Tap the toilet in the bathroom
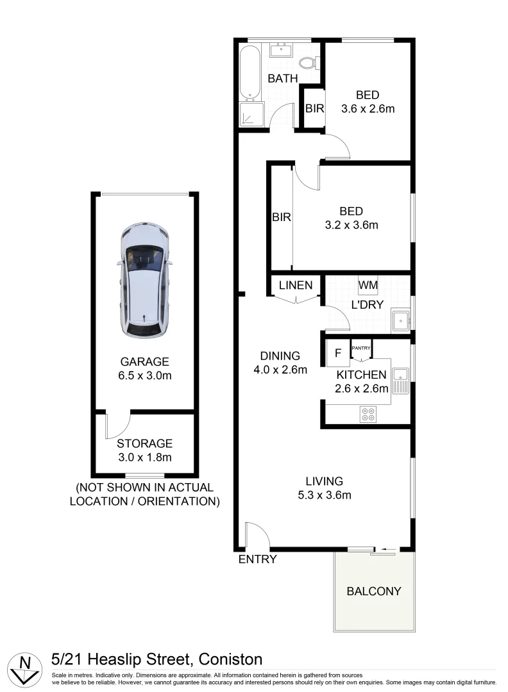click(x=309, y=63)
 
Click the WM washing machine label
click(x=368, y=284)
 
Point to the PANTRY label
click(x=361, y=348)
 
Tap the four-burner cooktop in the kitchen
click(x=368, y=414)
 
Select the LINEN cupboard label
click(x=296, y=285)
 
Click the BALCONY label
click(x=374, y=591)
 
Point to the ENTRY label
click(x=257, y=559)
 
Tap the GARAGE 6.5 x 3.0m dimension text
click(x=144, y=375)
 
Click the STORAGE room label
click(x=144, y=443)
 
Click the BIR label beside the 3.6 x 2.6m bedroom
click(x=314, y=108)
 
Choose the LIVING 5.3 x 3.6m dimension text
click(x=324, y=494)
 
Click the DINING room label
click(x=280, y=356)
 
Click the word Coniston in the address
click(x=230, y=659)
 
